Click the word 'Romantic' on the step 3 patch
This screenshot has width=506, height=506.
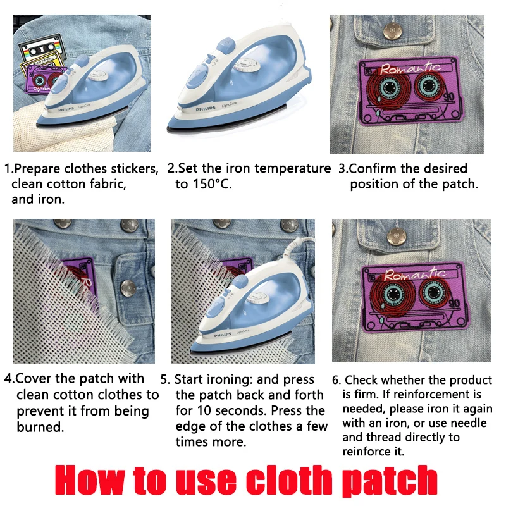click(x=410, y=68)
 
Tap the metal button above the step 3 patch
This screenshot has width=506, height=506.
click(x=392, y=31)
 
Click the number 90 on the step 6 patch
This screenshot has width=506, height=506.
click(x=454, y=304)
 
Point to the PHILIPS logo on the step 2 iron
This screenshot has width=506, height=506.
click(x=205, y=109)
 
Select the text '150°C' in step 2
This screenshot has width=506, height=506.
click(x=212, y=184)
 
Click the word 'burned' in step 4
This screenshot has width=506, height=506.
click(x=40, y=427)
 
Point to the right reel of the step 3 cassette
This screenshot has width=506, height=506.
click(x=429, y=86)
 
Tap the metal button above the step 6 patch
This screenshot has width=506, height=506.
click(x=397, y=237)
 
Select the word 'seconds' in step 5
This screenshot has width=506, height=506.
click(x=240, y=410)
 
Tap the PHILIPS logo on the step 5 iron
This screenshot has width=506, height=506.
click(x=223, y=335)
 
